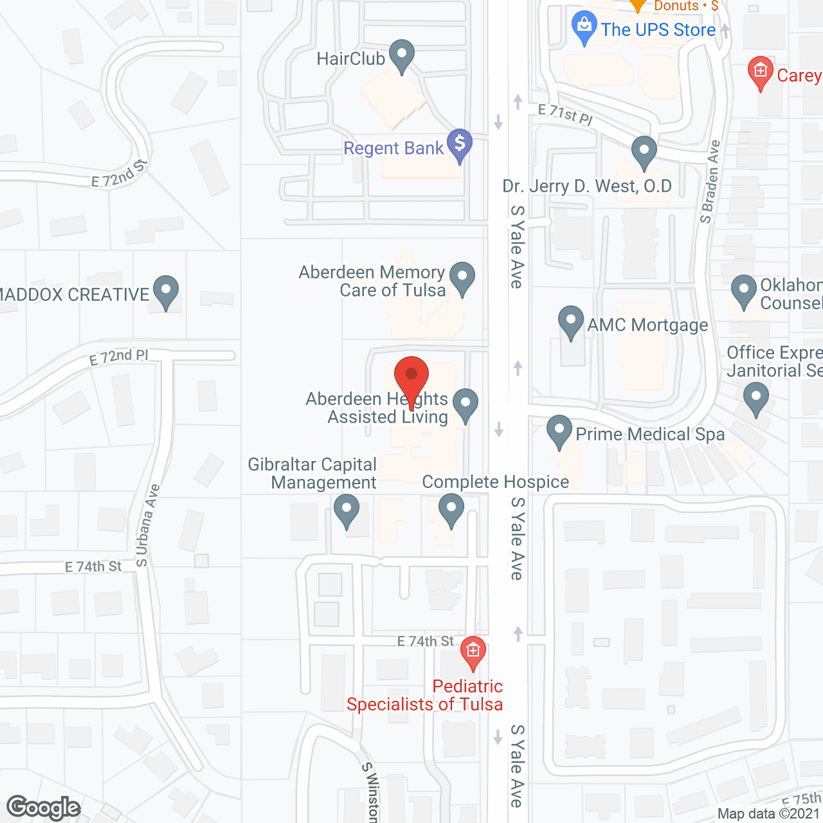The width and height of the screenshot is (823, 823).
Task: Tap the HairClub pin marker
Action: (x=402, y=56)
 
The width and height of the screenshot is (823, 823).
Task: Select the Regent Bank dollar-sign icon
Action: (x=460, y=145)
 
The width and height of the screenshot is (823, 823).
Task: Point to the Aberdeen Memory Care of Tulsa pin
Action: (x=462, y=278)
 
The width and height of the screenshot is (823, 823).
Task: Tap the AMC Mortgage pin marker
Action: (x=570, y=321)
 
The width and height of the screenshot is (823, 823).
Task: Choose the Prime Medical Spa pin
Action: (x=559, y=431)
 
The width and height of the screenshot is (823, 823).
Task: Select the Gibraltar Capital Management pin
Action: (x=347, y=510)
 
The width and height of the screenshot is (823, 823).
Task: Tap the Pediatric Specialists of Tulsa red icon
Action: (x=473, y=652)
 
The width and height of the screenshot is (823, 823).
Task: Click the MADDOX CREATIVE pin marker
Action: (x=166, y=291)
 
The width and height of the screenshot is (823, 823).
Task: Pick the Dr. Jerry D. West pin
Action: (x=644, y=152)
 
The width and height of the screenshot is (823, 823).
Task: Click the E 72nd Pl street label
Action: (x=119, y=357)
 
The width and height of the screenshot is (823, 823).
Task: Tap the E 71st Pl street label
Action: (x=565, y=114)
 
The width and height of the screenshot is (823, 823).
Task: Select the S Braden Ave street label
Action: (x=710, y=182)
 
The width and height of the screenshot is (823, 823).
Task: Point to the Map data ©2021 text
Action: (x=769, y=814)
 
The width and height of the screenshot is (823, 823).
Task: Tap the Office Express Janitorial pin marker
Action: (x=756, y=398)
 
